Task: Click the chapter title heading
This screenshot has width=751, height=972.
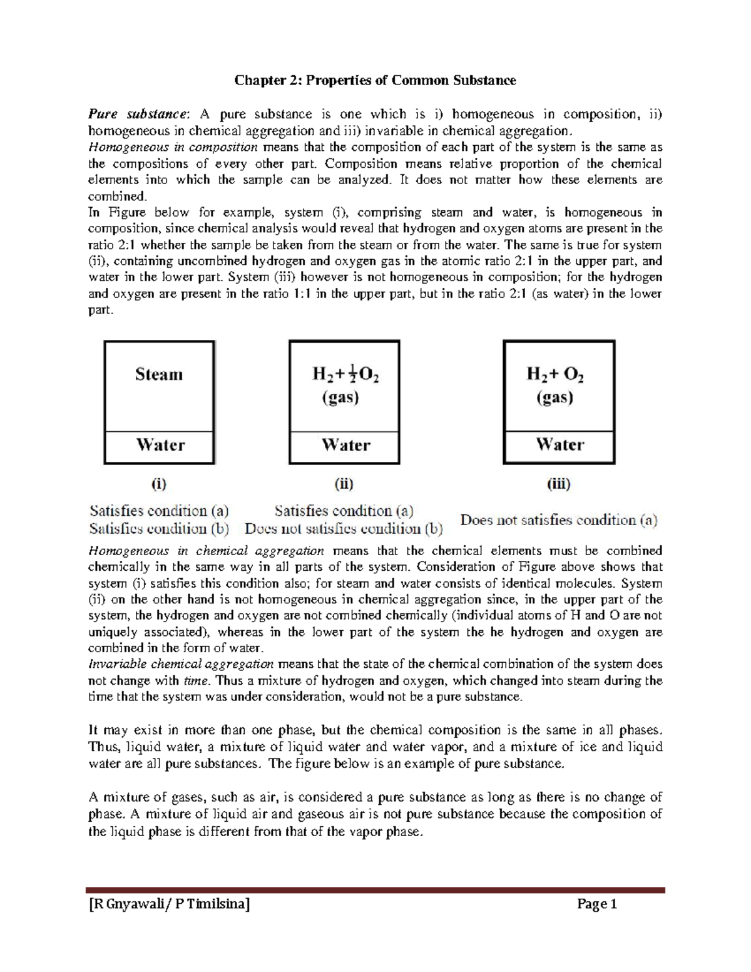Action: coord(375,80)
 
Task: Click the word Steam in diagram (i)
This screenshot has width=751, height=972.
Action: coord(159,374)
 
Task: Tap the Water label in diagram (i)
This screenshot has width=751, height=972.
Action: coord(160,445)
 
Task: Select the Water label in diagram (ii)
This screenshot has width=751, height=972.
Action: coord(345,445)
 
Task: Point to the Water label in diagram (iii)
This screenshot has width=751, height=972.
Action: coord(559,444)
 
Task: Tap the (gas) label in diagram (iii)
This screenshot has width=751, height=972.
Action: coord(555,398)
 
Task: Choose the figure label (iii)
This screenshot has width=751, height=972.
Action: coord(558,484)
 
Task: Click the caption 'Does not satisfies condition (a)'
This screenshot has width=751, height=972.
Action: coord(559,520)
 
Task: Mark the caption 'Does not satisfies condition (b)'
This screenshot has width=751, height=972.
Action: coord(344,529)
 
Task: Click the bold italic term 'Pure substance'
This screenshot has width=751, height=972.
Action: coord(137,114)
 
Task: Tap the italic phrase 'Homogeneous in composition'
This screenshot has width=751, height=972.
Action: coord(173,147)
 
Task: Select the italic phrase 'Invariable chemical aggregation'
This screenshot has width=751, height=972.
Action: coord(181,664)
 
